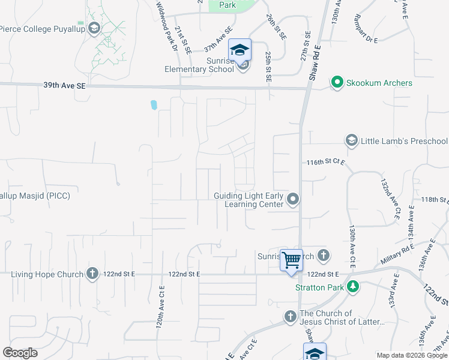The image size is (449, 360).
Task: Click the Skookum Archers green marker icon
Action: point(337,82)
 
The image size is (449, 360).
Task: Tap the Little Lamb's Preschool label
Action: point(404,141)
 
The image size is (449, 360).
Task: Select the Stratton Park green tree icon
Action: point(354,287)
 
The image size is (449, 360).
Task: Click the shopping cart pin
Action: point(292,261)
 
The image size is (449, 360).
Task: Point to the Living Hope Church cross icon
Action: point(92,274)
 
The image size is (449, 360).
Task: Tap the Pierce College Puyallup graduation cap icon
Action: point(94,28)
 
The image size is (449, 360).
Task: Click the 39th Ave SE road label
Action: point(65,86)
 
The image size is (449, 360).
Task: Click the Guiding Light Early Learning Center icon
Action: point(293,199)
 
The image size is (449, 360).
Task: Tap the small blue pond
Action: point(154,105)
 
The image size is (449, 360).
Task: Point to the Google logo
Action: point(20,353)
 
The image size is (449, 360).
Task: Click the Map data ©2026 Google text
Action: point(411,355)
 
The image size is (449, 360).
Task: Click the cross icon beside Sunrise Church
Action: point(324,256)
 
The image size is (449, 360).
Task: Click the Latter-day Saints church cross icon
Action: point(290,316)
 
